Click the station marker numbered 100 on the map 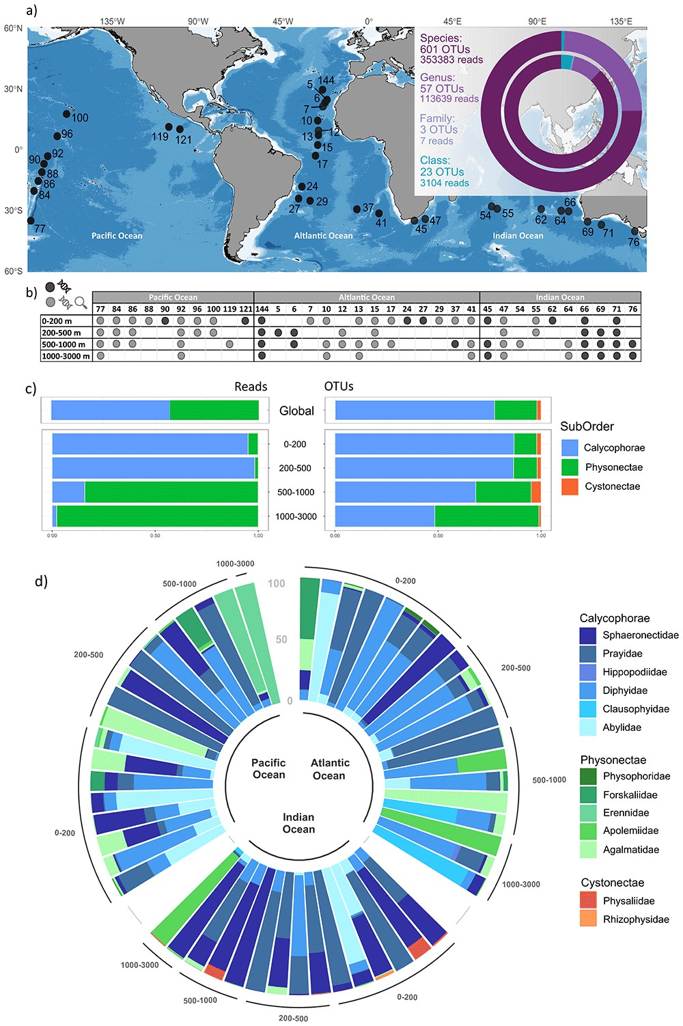pyautogui.click(x=67, y=114)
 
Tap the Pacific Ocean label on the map pyautogui.click(x=117, y=236)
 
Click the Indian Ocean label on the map pyautogui.click(x=518, y=236)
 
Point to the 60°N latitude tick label pyautogui.click(x=13, y=29)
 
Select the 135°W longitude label pyautogui.click(x=112, y=21)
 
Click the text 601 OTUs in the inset pyautogui.click(x=445, y=49)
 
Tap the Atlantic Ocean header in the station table pyautogui.click(x=367, y=297)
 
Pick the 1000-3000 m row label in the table pyautogui.click(x=66, y=356)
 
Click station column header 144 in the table pyautogui.click(x=262, y=309)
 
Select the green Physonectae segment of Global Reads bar pyautogui.click(x=214, y=411)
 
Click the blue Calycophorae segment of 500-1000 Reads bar pyautogui.click(x=68, y=492)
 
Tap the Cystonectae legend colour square pyautogui.click(x=570, y=486)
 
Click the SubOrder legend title pyautogui.click(x=587, y=426)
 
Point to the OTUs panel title pyautogui.click(x=339, y=387)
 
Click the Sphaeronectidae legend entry pyautogui.click(x=640, y=635)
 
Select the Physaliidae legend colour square pyautogui.click(x=589, y=900)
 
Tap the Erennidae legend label pyautogui.click(x=626, y=813)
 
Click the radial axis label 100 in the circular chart pyautogui.click(x=277, y=583)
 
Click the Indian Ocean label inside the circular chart pyautogui.click(x=299, y=823)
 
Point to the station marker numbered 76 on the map pyautogui.click(x=635, y=232)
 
